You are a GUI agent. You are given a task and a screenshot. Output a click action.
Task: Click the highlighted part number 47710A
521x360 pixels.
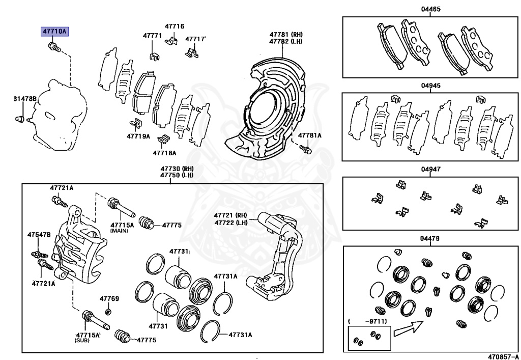[54, 32]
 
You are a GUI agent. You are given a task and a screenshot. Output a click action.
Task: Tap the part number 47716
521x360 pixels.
[174, 26]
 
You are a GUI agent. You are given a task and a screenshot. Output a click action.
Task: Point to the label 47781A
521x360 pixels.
[309, 135]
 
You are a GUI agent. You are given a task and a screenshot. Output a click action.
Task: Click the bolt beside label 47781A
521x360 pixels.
[305, 150]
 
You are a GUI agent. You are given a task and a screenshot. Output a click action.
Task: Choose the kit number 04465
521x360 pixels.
[430, 9]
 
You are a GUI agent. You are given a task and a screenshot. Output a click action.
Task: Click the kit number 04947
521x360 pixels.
[430, 169]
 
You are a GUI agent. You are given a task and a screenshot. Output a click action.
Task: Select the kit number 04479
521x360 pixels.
[430, 238]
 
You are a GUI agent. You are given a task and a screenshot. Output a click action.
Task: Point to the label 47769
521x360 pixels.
[109, 298]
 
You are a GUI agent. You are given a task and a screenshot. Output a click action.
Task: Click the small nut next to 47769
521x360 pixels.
[108, 311]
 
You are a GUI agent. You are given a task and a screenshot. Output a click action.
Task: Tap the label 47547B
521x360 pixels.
[39, 235]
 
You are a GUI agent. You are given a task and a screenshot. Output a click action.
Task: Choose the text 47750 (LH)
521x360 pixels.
[177, 175]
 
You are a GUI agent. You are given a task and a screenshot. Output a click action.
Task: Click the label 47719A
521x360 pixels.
[138, 136]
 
